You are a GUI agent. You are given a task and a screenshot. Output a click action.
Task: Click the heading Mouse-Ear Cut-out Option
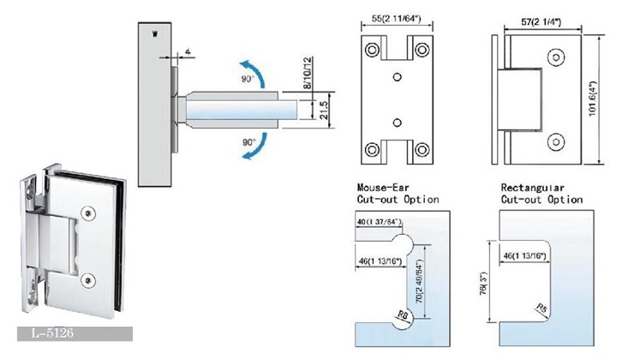[397, 193]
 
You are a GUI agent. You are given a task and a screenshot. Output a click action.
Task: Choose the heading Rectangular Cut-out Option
[541, 193]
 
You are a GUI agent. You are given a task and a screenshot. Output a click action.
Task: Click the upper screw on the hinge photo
[89, 212]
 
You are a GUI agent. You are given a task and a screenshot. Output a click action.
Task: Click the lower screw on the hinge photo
[90, 278]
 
